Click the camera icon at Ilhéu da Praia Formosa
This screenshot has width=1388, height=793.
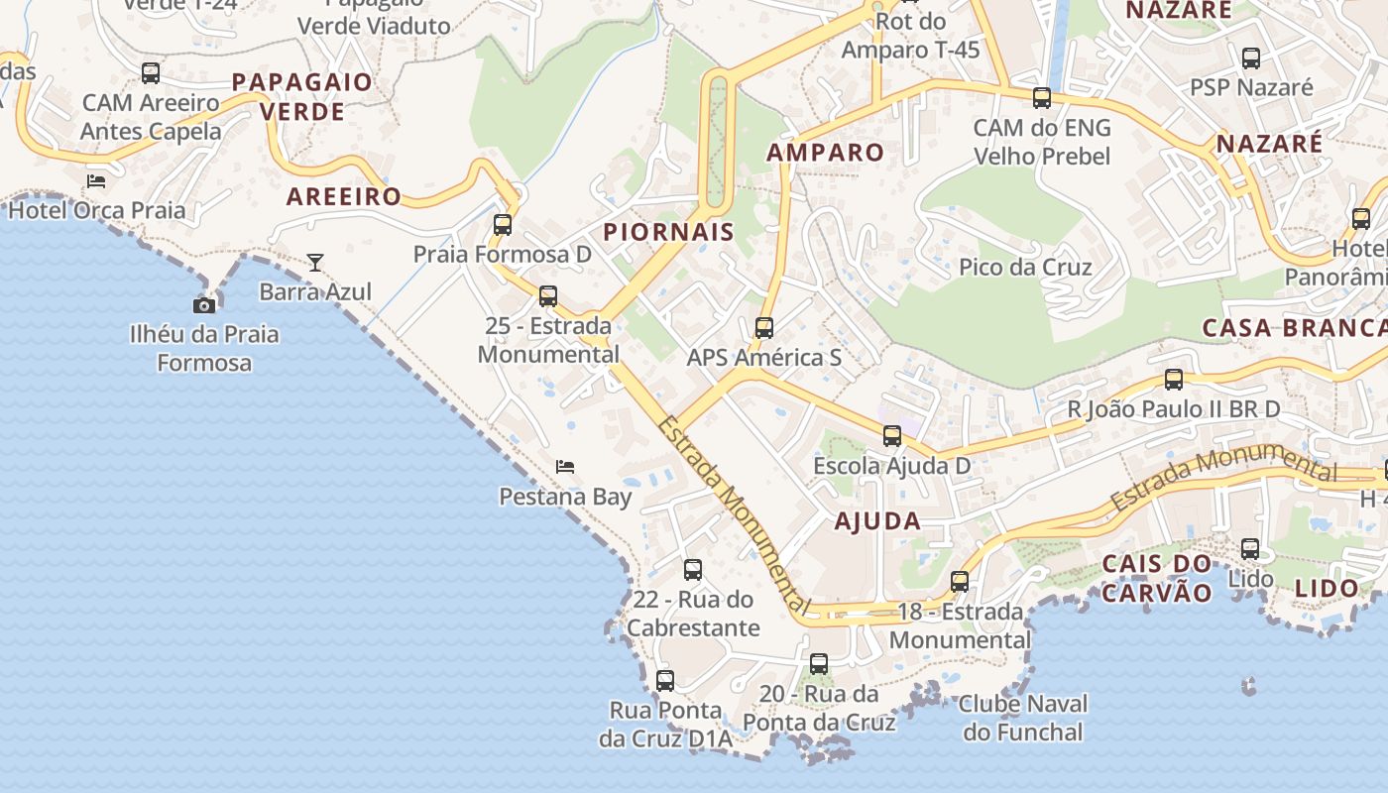[204, 305]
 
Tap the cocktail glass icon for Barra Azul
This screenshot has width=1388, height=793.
[315, 263]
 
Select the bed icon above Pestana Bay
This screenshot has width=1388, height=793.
[565, 466]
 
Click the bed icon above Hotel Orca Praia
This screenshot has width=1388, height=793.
[96, 180]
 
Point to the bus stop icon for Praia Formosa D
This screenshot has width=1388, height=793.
[503, 225]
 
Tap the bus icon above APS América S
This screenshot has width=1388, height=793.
[763, 328]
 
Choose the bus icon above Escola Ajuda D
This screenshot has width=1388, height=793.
[892, 436]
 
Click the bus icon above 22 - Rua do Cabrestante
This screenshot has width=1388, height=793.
[693, 570]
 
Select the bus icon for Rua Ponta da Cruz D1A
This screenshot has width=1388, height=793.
[665, 681]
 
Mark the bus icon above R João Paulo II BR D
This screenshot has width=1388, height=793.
[1174, 380]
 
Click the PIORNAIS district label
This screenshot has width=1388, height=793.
[669, 233]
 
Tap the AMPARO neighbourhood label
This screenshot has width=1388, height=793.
[825, 153]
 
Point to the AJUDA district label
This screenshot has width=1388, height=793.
[877, 521]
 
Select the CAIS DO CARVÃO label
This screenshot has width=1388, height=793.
[1157, 579]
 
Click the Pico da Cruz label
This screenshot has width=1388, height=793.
[1025, 267]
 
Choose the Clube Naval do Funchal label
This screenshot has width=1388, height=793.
[1023, 719]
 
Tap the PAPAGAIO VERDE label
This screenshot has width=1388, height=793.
[301, 96]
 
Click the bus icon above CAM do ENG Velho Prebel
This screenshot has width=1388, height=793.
[1042, 98]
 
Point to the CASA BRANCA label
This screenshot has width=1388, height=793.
[1294, 328]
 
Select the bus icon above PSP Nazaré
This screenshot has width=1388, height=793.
[1251, 58]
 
